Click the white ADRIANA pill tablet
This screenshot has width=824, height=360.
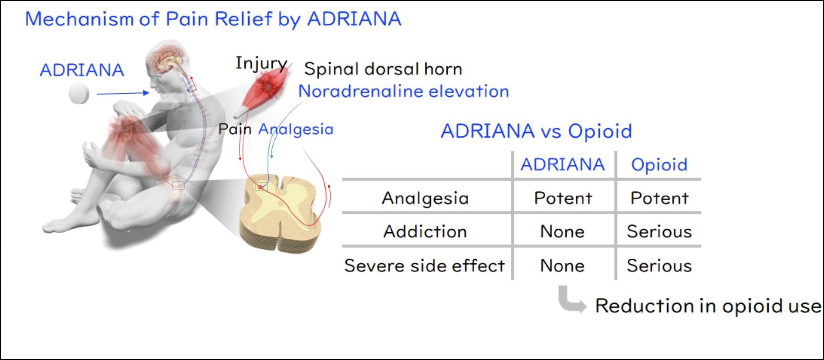(79, 94)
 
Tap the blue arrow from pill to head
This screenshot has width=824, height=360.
(123, 93)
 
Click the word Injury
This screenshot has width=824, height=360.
(261, 64)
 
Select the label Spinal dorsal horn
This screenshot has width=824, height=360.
(383, 69)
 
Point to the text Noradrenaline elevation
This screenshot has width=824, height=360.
(404, 91)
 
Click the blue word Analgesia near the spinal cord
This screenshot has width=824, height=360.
(296, 129)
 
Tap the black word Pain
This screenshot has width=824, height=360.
(235, 129)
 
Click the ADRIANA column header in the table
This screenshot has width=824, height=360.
(563, 164)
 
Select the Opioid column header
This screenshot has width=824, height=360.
(659, 165)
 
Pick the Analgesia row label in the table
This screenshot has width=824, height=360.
(425, 198)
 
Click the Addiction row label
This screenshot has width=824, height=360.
(425, 231)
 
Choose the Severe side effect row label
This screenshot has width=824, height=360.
(425, 265)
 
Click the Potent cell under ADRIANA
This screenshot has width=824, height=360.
(563, 198)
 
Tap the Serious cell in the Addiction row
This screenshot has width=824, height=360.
(659, 231)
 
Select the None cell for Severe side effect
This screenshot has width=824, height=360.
(562, 265)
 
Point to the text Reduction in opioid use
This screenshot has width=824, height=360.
(708, 306)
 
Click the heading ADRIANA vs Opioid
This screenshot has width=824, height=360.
(536, 131)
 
